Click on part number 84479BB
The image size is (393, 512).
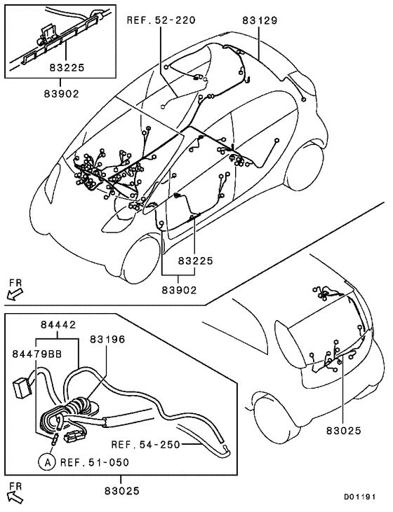(36, 354)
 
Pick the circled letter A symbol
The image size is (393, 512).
(46, 462)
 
